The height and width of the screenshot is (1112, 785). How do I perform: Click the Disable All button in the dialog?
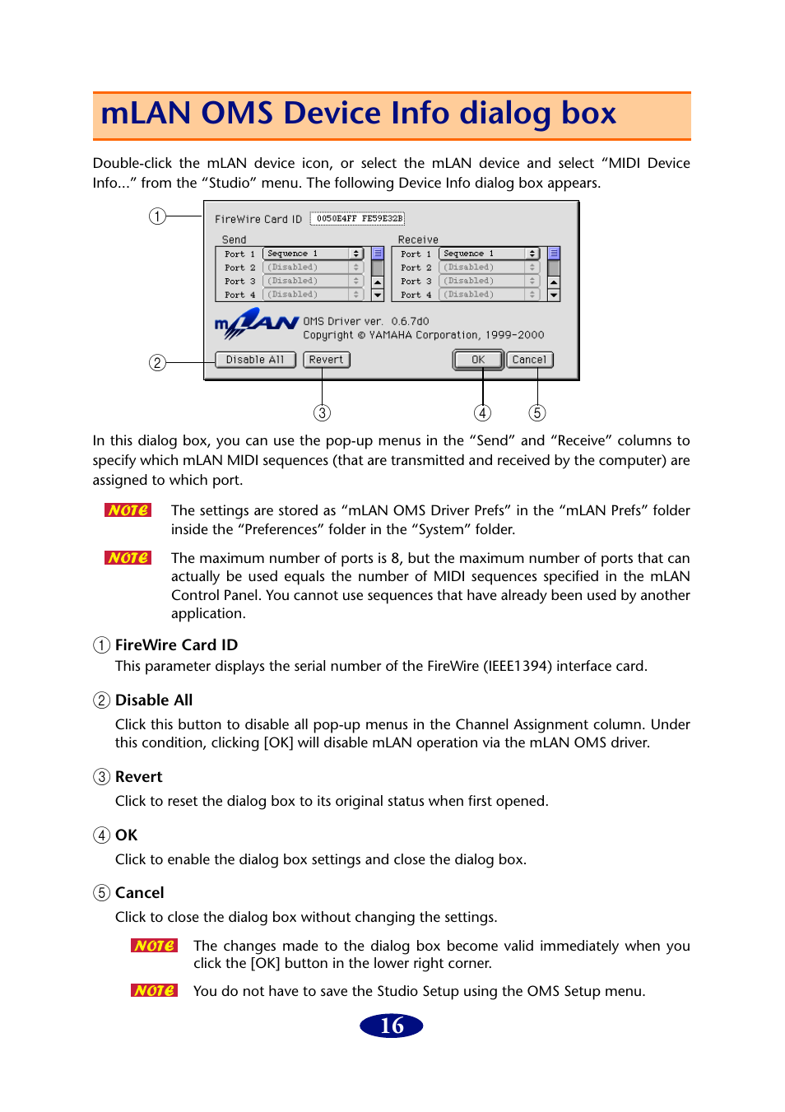tap(255, 360)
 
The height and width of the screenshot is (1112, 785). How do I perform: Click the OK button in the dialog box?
tap(478, 360)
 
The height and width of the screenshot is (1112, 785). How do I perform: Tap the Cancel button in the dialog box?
tap(529, 360)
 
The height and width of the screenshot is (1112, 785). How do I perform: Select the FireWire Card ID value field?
tap(359, 219)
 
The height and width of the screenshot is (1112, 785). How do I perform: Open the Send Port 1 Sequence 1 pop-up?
tap(313, 254)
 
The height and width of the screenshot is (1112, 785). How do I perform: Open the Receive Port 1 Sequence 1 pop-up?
tap(489, 254)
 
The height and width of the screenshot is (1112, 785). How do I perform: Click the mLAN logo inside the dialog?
tap(256, 323)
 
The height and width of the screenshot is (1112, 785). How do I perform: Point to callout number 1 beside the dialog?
tap(157, 216)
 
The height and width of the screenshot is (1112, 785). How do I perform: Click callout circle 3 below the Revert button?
tap(323, 412)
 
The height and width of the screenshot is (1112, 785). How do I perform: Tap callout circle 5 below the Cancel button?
tap(537, 412)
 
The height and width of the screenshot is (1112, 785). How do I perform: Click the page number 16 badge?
tap(392, 1026)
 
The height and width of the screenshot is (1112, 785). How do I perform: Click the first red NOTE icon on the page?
tap(128, 510)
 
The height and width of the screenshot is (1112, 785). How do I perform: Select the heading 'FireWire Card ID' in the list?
tap(176, 645)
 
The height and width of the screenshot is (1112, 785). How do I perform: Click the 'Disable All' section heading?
tap(154, 700)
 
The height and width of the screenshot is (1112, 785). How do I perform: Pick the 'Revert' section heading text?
tap(138, 777)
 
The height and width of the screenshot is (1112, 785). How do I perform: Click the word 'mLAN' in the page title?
tap(146, 114)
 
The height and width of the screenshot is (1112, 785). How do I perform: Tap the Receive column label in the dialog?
tap(418, 240)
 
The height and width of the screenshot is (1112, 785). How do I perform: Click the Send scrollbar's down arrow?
tap(378, 295)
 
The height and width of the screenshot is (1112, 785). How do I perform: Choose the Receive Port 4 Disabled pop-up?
tap(489, 295)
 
